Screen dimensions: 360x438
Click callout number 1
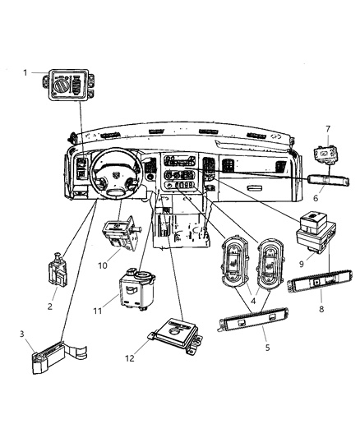pos(25,73)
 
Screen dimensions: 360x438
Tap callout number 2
pos(49,307)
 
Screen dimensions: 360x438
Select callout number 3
pos(22,334)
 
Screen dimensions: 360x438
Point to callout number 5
pos(268,348)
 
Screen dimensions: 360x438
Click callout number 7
pos(328,129)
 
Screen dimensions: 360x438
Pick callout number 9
pos(302,264)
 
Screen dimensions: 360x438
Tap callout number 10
pos(103,265)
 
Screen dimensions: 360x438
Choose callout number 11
pos(98,311)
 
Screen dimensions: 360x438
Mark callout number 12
pos(130,358)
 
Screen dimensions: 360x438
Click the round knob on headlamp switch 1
pos(60,85)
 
